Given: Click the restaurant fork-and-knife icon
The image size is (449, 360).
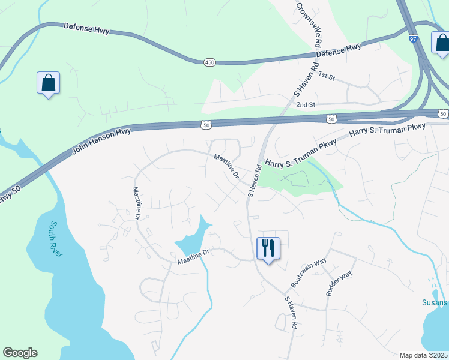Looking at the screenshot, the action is [268, 247].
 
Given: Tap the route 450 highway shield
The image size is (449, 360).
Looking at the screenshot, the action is [209, 62].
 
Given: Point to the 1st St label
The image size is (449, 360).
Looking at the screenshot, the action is [326, 75].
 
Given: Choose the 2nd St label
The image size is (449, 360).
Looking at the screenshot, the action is [306, 104].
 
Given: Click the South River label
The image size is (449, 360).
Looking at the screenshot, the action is [56, 239].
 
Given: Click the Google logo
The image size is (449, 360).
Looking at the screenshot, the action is [20, 353].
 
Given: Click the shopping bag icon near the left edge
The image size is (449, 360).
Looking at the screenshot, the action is [48, 83].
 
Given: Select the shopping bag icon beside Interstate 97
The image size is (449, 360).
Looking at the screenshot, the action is [441, 43].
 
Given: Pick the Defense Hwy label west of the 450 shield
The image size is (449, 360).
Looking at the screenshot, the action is [86, 29].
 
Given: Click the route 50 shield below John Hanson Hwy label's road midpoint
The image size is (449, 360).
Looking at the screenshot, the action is [206, 125].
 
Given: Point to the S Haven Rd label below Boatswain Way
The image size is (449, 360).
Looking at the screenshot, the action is [291, 311].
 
